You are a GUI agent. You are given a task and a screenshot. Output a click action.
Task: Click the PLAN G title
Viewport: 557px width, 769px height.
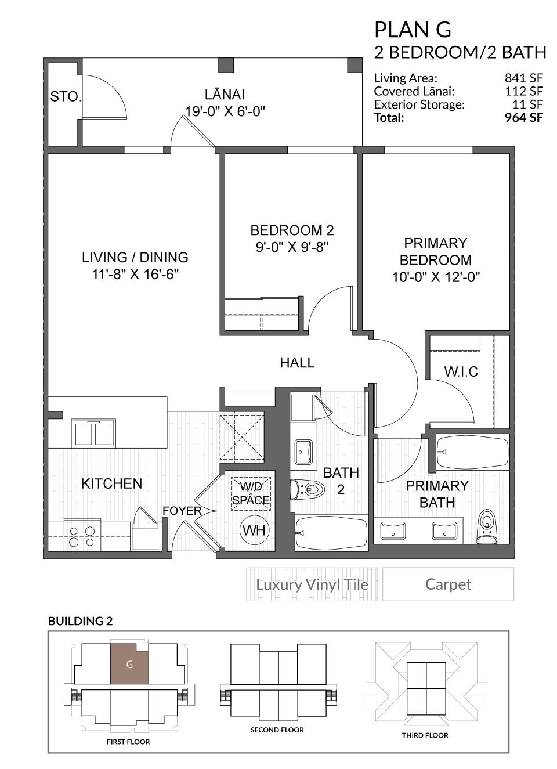[x=413, y=30]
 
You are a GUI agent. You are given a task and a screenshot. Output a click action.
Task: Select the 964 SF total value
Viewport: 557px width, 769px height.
[x=524, y=118]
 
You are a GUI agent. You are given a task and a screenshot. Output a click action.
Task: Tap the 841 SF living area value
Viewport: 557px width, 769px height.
[x=524, y=78]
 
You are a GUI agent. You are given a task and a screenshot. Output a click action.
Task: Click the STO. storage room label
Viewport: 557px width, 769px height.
[x=66, y=96]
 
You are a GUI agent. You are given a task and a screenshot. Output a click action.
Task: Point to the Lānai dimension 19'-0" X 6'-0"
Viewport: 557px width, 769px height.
[x=225, y=111]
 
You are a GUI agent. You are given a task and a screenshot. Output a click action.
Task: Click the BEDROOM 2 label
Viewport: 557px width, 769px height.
[x=292, y=230]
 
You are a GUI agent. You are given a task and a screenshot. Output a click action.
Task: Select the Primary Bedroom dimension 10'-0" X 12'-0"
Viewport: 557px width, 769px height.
[x=436, y=277]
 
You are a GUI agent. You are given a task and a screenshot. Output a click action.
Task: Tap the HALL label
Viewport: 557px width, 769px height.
[x=297, y=363]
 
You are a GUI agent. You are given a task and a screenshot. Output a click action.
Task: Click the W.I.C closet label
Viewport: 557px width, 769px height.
[x=461, y=372]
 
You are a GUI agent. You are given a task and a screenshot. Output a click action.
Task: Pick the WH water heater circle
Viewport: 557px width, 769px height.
[x=254, y=530]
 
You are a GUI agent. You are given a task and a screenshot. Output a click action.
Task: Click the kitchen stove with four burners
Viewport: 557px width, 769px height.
[x=82, y=536]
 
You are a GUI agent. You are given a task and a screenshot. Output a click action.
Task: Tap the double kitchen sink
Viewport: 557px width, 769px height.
[x=93, y=433]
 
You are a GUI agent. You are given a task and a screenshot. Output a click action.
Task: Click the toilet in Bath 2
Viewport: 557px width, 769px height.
[x=308, y=489]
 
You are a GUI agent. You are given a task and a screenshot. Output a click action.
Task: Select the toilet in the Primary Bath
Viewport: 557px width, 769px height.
[x=487, y=526]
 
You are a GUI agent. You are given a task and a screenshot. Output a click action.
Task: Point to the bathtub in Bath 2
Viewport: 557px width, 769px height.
[x=331, y=533]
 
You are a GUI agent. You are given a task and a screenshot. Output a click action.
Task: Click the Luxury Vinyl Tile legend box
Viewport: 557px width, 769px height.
[x=312, y=584]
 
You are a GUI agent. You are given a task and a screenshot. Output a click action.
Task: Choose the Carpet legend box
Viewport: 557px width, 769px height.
[x=448, y=584]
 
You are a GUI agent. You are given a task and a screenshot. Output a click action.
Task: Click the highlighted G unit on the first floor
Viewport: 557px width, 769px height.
[x=129, y=665]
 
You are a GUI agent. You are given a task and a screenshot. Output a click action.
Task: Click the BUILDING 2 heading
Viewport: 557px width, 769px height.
[x=80, y=621]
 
